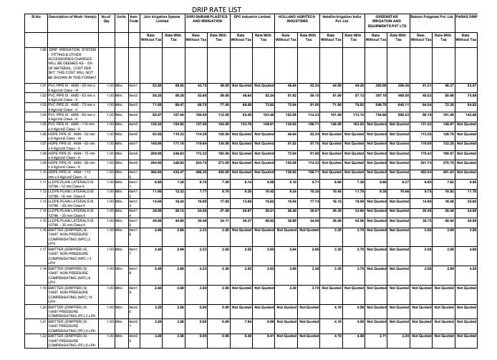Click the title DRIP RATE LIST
[x=248, y=5]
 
